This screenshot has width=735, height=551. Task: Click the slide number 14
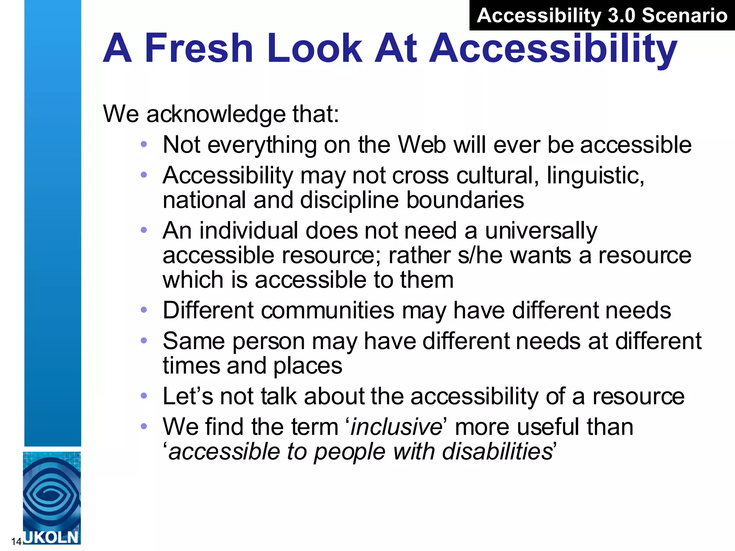[x=17, y=541]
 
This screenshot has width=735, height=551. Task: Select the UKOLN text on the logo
[x=51, y=537]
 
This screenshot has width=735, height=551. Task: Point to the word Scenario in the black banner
[x=684, y=15]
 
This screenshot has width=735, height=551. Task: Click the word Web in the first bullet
[x=422, y=145]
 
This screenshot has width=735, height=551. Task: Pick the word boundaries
[x=465, y=200]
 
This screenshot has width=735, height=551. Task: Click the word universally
[x=541, y=230]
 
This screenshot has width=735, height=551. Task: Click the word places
[x=308, y=366]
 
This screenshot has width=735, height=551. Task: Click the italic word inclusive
[x=396, y=427]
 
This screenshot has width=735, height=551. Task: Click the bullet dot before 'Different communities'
[x=144, y=310]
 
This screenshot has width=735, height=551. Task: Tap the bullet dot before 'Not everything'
[x=144, y=144]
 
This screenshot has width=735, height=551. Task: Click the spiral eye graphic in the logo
[x=51, y=494]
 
